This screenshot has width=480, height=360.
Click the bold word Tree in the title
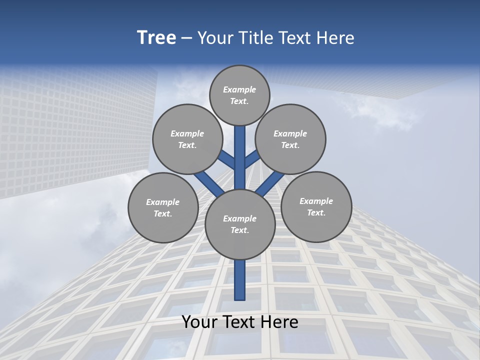point(156,37)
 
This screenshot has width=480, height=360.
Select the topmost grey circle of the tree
point(239,95)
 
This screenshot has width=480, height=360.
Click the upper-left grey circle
point(187,139)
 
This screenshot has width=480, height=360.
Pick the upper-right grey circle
point(290,139)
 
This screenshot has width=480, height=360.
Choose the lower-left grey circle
point(163,207)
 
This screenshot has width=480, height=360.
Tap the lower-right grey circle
point(316,206)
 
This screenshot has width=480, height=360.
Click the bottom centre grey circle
point(240,224)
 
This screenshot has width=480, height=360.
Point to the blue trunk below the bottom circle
point(240,280)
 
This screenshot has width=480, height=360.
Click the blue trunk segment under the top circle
point(240,150)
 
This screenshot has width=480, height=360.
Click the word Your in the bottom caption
point(199,322)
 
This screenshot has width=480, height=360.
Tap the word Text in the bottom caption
point(242,322)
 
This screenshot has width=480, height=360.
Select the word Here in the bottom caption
point(281,322)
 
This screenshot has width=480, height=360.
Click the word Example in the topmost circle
point(239,89)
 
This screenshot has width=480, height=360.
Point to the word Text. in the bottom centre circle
point(239,230)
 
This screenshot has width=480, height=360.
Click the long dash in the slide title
point(186,38)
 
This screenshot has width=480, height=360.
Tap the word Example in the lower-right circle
point(316,201)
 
